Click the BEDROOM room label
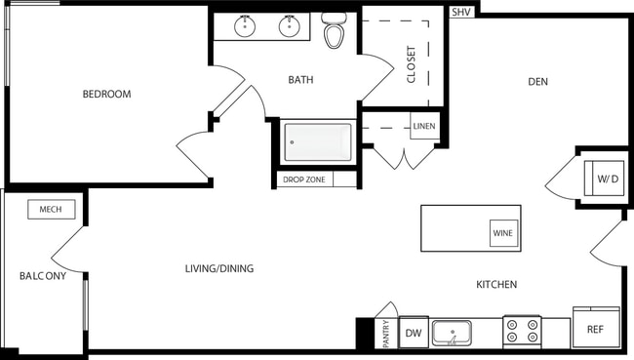click(107, 95)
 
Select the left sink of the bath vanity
click(245, 27)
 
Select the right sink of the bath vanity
click(290, 27)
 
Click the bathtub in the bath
click(317, 143)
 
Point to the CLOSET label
click(411, 65)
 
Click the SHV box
click(461, 13)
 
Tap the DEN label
click(537, 82)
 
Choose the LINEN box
click(423, 127)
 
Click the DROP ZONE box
click(305, 180)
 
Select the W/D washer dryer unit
click(608, 180)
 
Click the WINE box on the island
click(503, 234)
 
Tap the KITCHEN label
click(495, 285)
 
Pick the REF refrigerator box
click(595, 330)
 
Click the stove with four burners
click(522, 332)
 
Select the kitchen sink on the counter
click(452, 333)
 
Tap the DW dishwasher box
click(414, 334)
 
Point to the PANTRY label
click(386, 333)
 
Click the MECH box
click(51, 210)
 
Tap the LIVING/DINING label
click(219, 268)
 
